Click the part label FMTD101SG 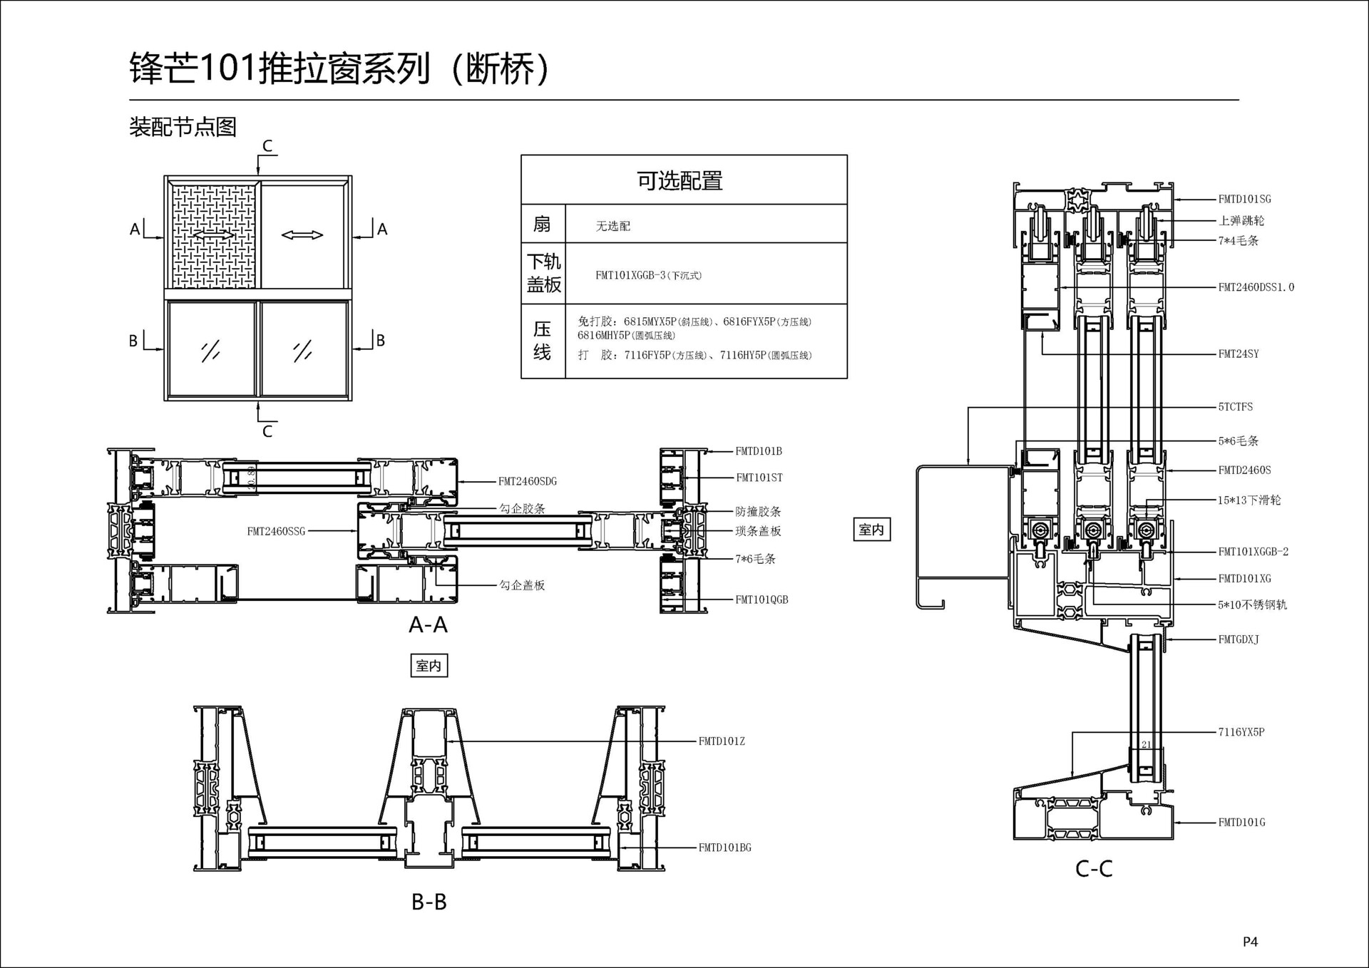click(x=1244, y=200)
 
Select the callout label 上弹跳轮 click(x=1241, y=221)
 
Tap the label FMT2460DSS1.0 click(x=1256, y=287)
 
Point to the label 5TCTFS click(x=1235, y=407)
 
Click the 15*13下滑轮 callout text click(x=1249, y=500)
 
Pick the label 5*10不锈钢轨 click(x=1252, y=605)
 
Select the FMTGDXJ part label click(x=1239, y=639)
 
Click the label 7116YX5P click(x=1241, y=732)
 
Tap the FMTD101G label click(x=1241, y=823)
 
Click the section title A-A click(x=428, y=625)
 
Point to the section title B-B click(x=429, y=902)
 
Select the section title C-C click(x=1094, y=869)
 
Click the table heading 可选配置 click(x=680, y=181)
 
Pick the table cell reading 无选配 click(x=613, y=226)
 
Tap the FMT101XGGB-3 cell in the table click(x=648, y=275)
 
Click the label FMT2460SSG click(x=276, y=531)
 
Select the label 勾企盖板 click(x=522, y=585)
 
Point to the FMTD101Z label click(x=722, y=741)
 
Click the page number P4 click(x=1250, y=942)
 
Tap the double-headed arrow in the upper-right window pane click(x=302, y=235)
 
